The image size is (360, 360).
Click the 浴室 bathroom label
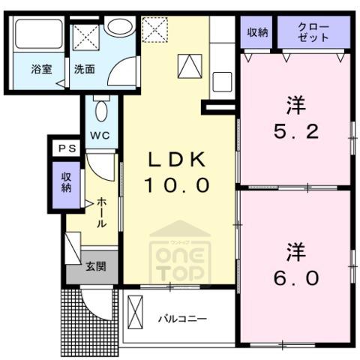(42, 69)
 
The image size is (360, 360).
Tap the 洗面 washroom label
(85, 69)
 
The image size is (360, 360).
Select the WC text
(100, 135)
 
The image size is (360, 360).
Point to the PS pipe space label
(67, 148)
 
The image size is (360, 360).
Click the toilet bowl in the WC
(101, 111)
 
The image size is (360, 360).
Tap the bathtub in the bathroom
(39, 34)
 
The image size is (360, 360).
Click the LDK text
(177, 160)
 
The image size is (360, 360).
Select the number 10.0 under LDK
(176, 185)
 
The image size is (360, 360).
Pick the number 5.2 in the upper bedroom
(296, 132)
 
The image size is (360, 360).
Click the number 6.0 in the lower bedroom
(296, 278)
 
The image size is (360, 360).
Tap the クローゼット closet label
(313, 32)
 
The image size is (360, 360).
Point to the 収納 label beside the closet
(257, 32)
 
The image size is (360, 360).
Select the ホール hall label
(101, 212)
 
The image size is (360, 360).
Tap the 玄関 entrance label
(96, 266)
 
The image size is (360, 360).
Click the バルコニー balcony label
(183, 319)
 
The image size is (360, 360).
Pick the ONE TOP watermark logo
(180, 253)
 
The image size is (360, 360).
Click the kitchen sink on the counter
(222, 82)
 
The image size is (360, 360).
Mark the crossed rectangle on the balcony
(135, 312)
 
